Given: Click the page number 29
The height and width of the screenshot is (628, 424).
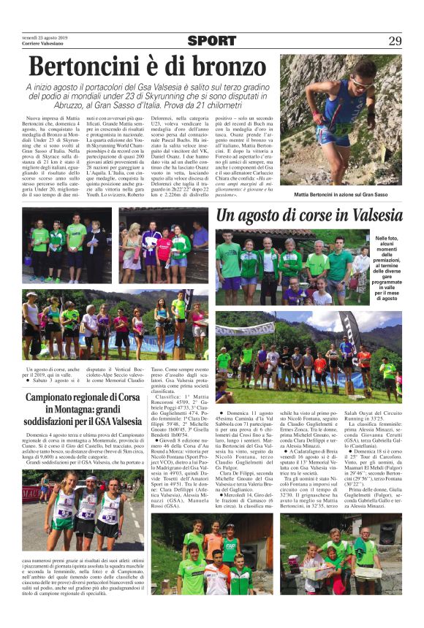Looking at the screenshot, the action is point(395,40).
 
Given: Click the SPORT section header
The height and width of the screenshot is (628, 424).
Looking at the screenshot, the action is point(212,41).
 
